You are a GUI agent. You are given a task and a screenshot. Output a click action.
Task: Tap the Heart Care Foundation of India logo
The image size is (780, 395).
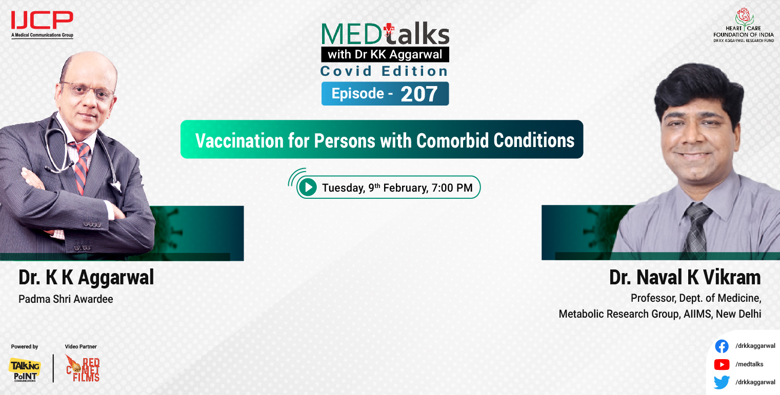[743, 26]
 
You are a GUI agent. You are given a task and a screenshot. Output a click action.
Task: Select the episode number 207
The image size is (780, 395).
[419, 94]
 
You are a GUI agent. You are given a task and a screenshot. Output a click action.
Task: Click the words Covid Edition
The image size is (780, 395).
[384, 71]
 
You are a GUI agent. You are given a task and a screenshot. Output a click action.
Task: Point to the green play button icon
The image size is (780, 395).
[308, 188]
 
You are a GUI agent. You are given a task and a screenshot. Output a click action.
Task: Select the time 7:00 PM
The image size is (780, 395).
[452, 188]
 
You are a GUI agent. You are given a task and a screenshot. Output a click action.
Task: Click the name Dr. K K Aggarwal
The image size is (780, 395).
[86, 278]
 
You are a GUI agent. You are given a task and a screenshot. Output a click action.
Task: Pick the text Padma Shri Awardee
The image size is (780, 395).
[66, 299]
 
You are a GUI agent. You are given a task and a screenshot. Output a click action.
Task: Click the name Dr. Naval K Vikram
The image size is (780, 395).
[685, 278]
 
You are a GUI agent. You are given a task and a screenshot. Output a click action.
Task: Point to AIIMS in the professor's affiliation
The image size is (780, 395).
[697, 314]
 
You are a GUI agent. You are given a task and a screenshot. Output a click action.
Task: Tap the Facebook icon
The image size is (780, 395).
[722, 346]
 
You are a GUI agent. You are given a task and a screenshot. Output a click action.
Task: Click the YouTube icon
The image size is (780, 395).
[722, 364]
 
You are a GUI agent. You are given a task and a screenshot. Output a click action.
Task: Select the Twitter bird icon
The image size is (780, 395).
[722, 382]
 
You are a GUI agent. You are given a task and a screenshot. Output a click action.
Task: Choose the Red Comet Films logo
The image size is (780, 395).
[83, 368]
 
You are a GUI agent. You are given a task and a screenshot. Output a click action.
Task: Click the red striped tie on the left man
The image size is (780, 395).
[81, 167]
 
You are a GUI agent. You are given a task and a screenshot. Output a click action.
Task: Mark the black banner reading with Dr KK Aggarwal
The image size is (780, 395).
[385, 54]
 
